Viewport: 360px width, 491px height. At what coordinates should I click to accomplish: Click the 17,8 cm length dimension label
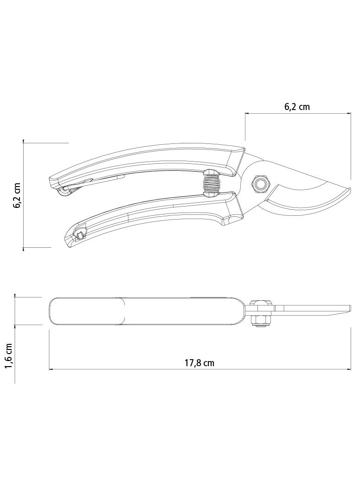[x=199, y=363]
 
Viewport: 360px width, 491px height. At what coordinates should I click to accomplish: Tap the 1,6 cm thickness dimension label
[x=9, y=356]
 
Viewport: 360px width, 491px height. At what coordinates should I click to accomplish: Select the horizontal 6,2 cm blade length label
[x=297, y=107]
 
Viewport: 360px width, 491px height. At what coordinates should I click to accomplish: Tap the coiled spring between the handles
[x=212, y=183]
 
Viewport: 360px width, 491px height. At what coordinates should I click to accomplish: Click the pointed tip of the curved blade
[x=351, y=188]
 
